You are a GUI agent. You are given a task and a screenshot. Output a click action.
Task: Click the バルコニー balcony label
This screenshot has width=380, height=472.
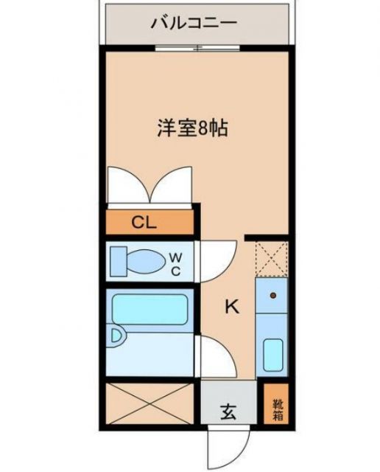pyautogui.click(x=194, y=23)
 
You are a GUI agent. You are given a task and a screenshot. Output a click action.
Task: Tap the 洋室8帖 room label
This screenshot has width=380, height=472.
pyautogui.click(x=191, y=128)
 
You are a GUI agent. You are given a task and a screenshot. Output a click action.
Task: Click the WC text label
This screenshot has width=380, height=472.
pyautogui.click(x=176, y=263)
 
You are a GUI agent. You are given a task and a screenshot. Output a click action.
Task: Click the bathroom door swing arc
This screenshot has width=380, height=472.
pyautogui.click(x=217, y=355)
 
